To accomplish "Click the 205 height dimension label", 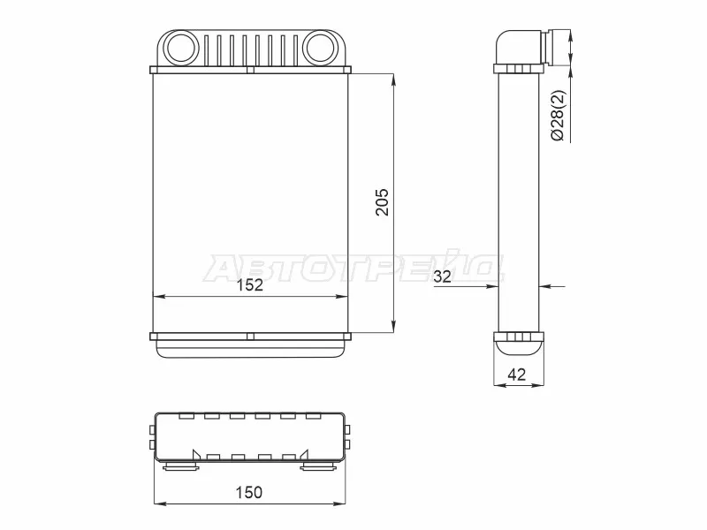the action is tap(382, 202).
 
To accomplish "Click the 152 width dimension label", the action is tap(250, 284).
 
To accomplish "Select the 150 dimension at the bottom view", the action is tap(249, 492).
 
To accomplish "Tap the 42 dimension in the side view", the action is tap(517, 374).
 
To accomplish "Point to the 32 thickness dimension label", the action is tap(442, 276).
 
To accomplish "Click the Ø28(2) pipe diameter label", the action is tap(558, 116).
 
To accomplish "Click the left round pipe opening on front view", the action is tap(180, 47).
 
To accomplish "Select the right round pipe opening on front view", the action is tap(320, 47).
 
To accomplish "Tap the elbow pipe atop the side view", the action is tap(519, 47).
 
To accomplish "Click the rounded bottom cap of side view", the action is tap(519, 349).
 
